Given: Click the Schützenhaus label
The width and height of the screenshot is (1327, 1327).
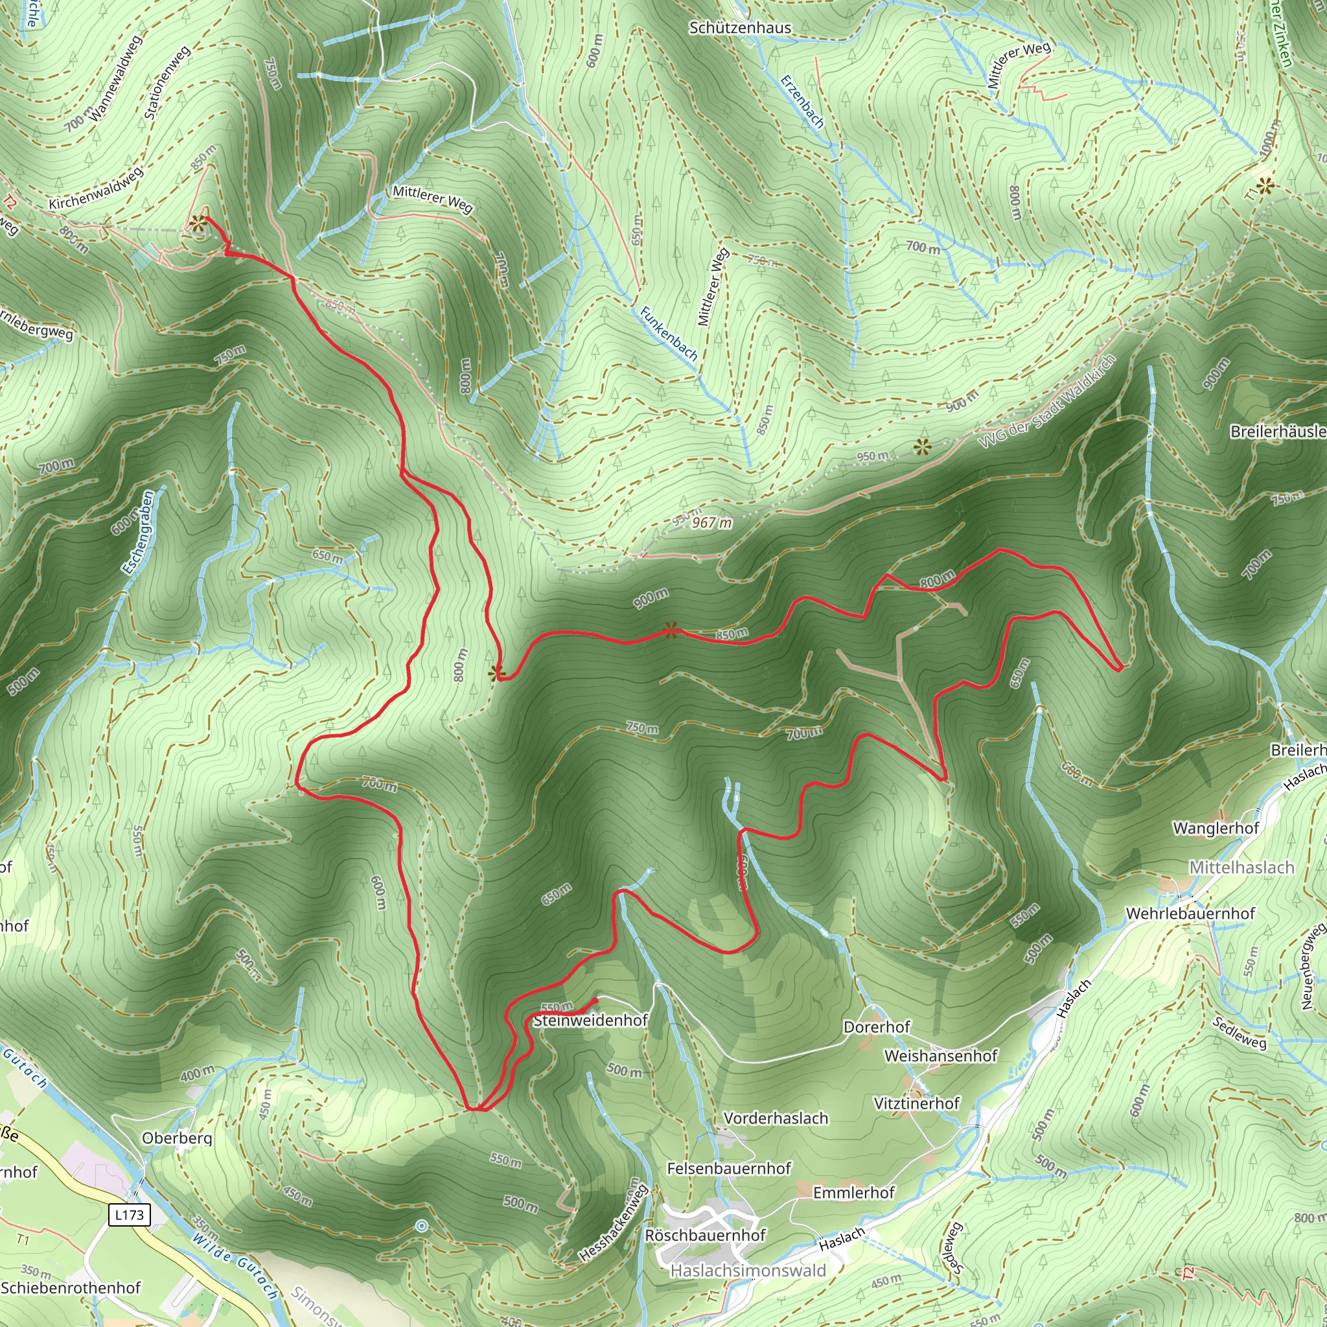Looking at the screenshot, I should pyautogui.click(x=740, y=28).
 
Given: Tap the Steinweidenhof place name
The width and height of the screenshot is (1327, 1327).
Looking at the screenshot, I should pyautogui.click(x=590, y=1021).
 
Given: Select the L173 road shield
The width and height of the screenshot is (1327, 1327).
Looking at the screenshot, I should pyautogui.click(x=129, y=1215).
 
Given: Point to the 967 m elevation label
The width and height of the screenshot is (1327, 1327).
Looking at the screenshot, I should pyautogui.click(x=711, y=523).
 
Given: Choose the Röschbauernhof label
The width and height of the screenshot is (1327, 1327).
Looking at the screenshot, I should pyautogui.click(x=705, y=1236).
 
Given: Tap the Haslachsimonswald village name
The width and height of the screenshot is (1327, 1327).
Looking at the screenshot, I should pyautogui.click(x=748, y=1271).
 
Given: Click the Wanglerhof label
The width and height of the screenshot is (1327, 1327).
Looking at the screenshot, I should pyautogui.click(x=1216, y=828).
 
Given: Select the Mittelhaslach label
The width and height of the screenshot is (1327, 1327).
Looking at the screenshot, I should pyautogui.click(x=1242, y=868).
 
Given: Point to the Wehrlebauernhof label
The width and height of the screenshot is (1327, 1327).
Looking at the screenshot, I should pyautogui.click(x=1190, y=914).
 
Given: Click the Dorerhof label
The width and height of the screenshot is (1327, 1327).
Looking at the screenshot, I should pyautogui.click(x=877, y=1027).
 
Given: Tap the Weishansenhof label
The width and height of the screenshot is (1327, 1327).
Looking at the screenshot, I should pyautogui.click(x=940, y=1056).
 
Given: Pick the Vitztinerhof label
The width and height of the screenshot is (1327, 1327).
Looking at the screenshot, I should pyautogui.click(x=916, y=1103).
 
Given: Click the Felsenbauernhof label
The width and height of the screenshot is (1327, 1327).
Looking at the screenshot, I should pyautogui.click(x=729, y=1168).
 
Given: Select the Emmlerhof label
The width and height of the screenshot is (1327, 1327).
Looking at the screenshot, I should pyautogui.click(x=854, y=1193).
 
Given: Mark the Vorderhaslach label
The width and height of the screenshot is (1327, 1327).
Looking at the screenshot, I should pyautogui.click(x=776, y=1118).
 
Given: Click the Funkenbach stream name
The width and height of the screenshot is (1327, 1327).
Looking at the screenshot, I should pyautogui.click(x=668, y=334).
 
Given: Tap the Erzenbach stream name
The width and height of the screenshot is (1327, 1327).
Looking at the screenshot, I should pyautogui.click(x=802, y=102).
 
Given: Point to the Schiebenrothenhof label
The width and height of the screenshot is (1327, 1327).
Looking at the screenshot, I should pyautogui.click(x=71, y=1288).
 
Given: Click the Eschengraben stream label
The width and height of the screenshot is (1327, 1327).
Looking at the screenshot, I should pyautogui.click(x=139, y=533).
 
